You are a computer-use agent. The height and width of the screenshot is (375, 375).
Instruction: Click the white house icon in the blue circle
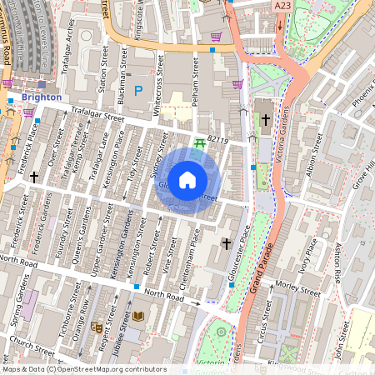(x=187, y=179)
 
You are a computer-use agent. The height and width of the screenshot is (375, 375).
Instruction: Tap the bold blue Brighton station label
(x=42, y=97)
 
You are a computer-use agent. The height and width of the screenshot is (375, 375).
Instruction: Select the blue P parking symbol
(x=138, y=90)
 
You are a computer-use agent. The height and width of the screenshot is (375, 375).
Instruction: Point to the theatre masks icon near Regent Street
(x=97, y=327)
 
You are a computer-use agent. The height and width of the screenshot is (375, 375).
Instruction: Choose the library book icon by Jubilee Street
(x=138, y=316)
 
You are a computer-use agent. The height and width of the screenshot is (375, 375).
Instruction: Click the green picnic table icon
(x=199, y=144)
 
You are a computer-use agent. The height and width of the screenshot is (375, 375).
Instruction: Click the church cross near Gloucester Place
(x=226, y=242)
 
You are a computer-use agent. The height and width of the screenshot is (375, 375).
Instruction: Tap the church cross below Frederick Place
(x=34, y=177)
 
